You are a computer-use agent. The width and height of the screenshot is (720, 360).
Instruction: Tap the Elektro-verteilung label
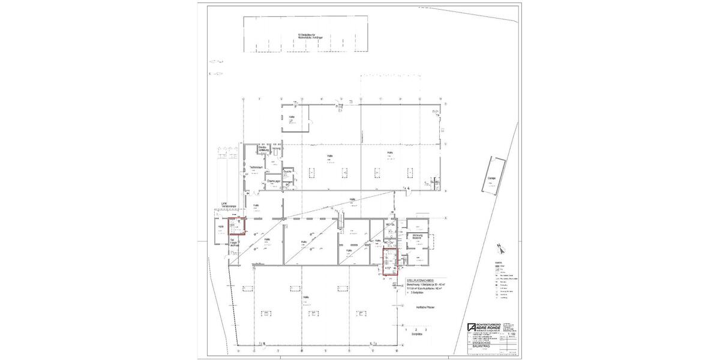tap(262, 148)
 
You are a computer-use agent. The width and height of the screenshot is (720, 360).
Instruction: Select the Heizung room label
tap(276, 148)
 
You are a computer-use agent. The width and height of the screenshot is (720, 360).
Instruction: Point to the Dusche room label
tap(287, 172)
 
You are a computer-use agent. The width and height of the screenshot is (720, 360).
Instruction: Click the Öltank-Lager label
tap(274, 180)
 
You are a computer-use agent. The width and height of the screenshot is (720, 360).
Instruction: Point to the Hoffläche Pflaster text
tap(425, 308)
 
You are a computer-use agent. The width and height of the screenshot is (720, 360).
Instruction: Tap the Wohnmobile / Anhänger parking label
tap(306, 36)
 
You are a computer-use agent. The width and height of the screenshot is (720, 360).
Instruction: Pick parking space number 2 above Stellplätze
tap(416, 330)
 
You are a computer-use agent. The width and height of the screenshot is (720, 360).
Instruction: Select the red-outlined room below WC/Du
tap(390, 261)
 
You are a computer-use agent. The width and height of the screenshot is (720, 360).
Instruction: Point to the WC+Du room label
tap(389, 224)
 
